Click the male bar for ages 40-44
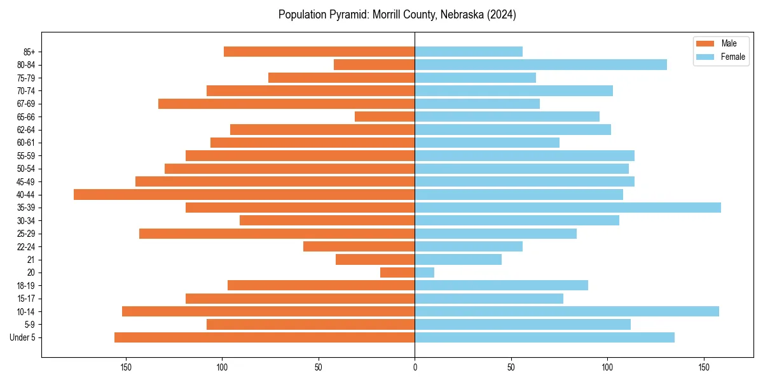pyautogui.click(x=244, y=195)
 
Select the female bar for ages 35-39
pyautogui.click(x=568, y=208)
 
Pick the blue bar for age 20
pyautogui.click(x=424, y=272)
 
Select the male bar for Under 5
pyautogui.click(x=265, y=337)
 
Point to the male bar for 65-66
pyautogui.click(x=385, y=117)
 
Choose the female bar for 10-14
pyautogui.click(x=567, y=311)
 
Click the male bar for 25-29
pyautogui.click(x=277, y=234)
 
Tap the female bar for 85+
pyautogui.click(x=469, y=52)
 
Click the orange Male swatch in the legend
pyautogui.click(x=705, y=43)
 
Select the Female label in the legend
pyautogui.click(x=733, y=57)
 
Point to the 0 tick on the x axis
pyautogui.click(x=415, y=367)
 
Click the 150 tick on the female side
pyautogui.click(x=703, y=367)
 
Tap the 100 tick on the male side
pyautogui.click(x=222, y=367)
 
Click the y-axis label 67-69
pyautogui.click(x=25, y=104)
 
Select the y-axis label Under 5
pyautogui.click(x=22, y=337)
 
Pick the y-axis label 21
pyautogui.click(x=31, y=260)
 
